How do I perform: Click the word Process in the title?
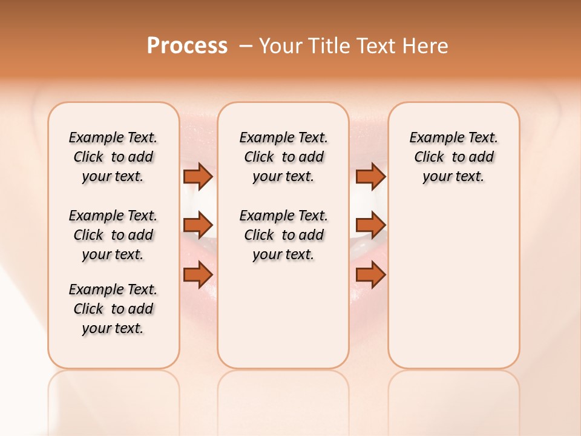(x=187, y=46)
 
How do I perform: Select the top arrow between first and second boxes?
(x=198, y=176)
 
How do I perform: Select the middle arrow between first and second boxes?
(x=198, y=225)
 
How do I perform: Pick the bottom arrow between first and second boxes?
(x=198, y=275)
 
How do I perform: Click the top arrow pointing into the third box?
(x=370, y=176)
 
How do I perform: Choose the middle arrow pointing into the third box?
(x=370, y=225)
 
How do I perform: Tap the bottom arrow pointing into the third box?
(x=370, y=275)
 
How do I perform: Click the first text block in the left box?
(x=113, y=157)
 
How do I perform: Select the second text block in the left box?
(x=113, y=235)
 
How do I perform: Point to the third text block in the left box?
(x=113, y=309)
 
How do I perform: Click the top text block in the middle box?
(x=283, y=157)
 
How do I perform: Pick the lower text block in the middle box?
(x=283, y=235)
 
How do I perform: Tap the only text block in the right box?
(x=453, y=157)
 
